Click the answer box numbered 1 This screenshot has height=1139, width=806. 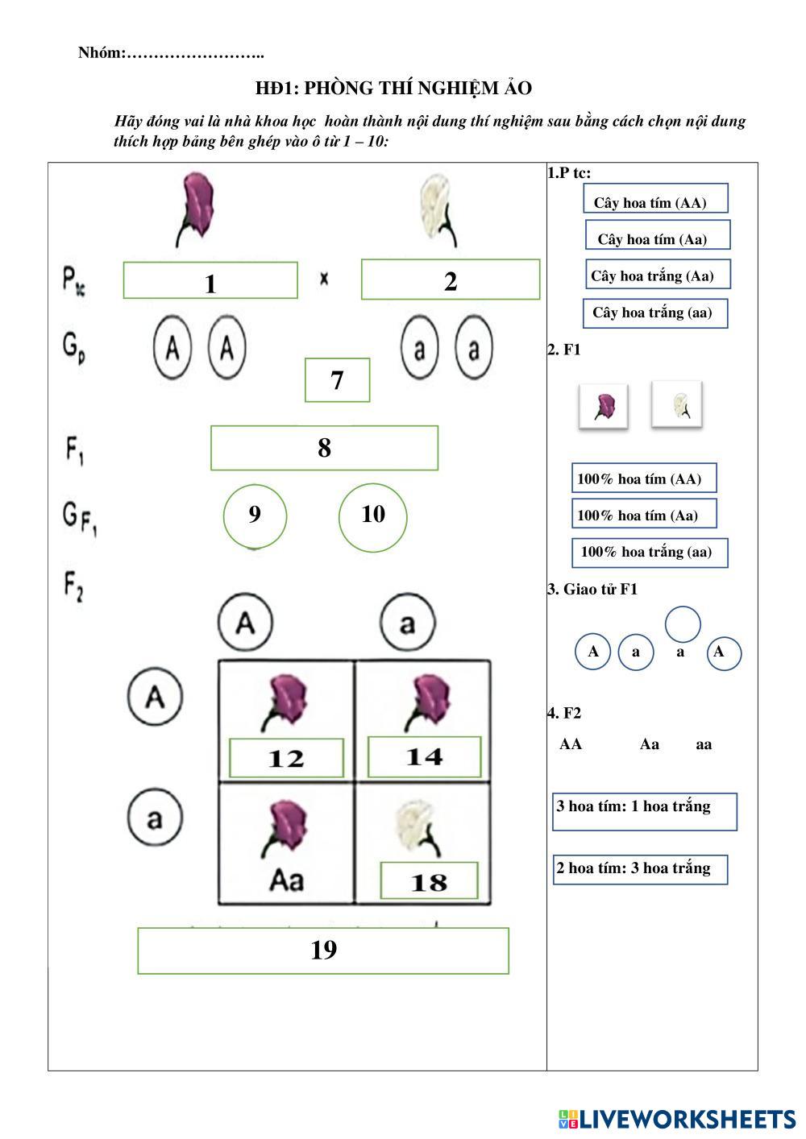pyautogui.click(x=210, y=281)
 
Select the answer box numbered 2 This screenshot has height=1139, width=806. pyautogui.click(x=450, y=280)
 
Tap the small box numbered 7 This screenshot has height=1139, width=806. pyautogui.click(x=337, y=380)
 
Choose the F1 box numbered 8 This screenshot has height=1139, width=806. pyautogui.click(x=324, y=448)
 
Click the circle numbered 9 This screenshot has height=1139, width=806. pyautogui.click(x=255, y=515)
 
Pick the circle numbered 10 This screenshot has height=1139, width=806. pyautogui.click(x=372, y=515)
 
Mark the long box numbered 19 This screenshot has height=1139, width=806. pyautogui.click(x=323, y=951)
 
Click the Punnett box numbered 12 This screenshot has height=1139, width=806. pyautogui.click(x=286, y=758)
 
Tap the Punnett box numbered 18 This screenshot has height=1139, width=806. pyautogui.click(x=429, y=881)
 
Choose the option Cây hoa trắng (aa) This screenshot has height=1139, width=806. pyautogui.click(x=654, y=313)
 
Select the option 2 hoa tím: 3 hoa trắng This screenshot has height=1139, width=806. pyautogui.click(x=640, y=869)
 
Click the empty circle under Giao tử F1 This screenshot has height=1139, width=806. pyautogui.click(x=683, y=624)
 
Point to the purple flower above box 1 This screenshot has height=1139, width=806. pyautogui.click(x=196, y=208)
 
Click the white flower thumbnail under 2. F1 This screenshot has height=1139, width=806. pyautogui.click(x=676, y=404)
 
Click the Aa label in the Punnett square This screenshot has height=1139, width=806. pyautogui.click(x=286, y=880)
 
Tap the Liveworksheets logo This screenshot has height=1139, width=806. pyautogui.click(x=677, y=1119)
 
